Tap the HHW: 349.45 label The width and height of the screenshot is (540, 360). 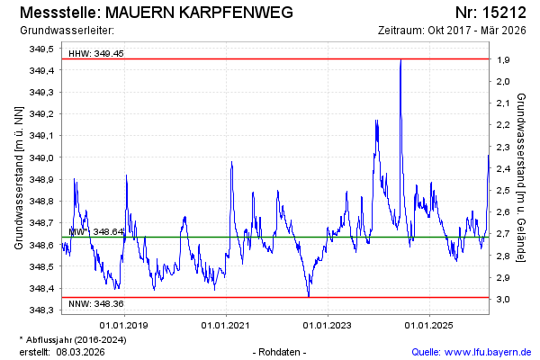pos(96,54)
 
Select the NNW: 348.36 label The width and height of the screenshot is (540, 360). pos(96,304)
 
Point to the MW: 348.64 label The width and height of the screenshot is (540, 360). pos(95,232)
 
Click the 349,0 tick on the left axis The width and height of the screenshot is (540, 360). pos(42,157)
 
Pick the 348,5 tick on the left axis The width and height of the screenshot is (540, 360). pos(42,266)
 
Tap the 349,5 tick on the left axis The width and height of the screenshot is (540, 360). pos(42,49)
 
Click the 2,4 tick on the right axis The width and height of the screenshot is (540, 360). pos(503,168)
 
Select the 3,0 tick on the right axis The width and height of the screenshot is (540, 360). pos(503,299)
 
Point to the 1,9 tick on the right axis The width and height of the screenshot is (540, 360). pos(503,59)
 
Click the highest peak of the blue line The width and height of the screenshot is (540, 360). pos(400,59)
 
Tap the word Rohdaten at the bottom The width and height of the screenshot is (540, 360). pos(281,351)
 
